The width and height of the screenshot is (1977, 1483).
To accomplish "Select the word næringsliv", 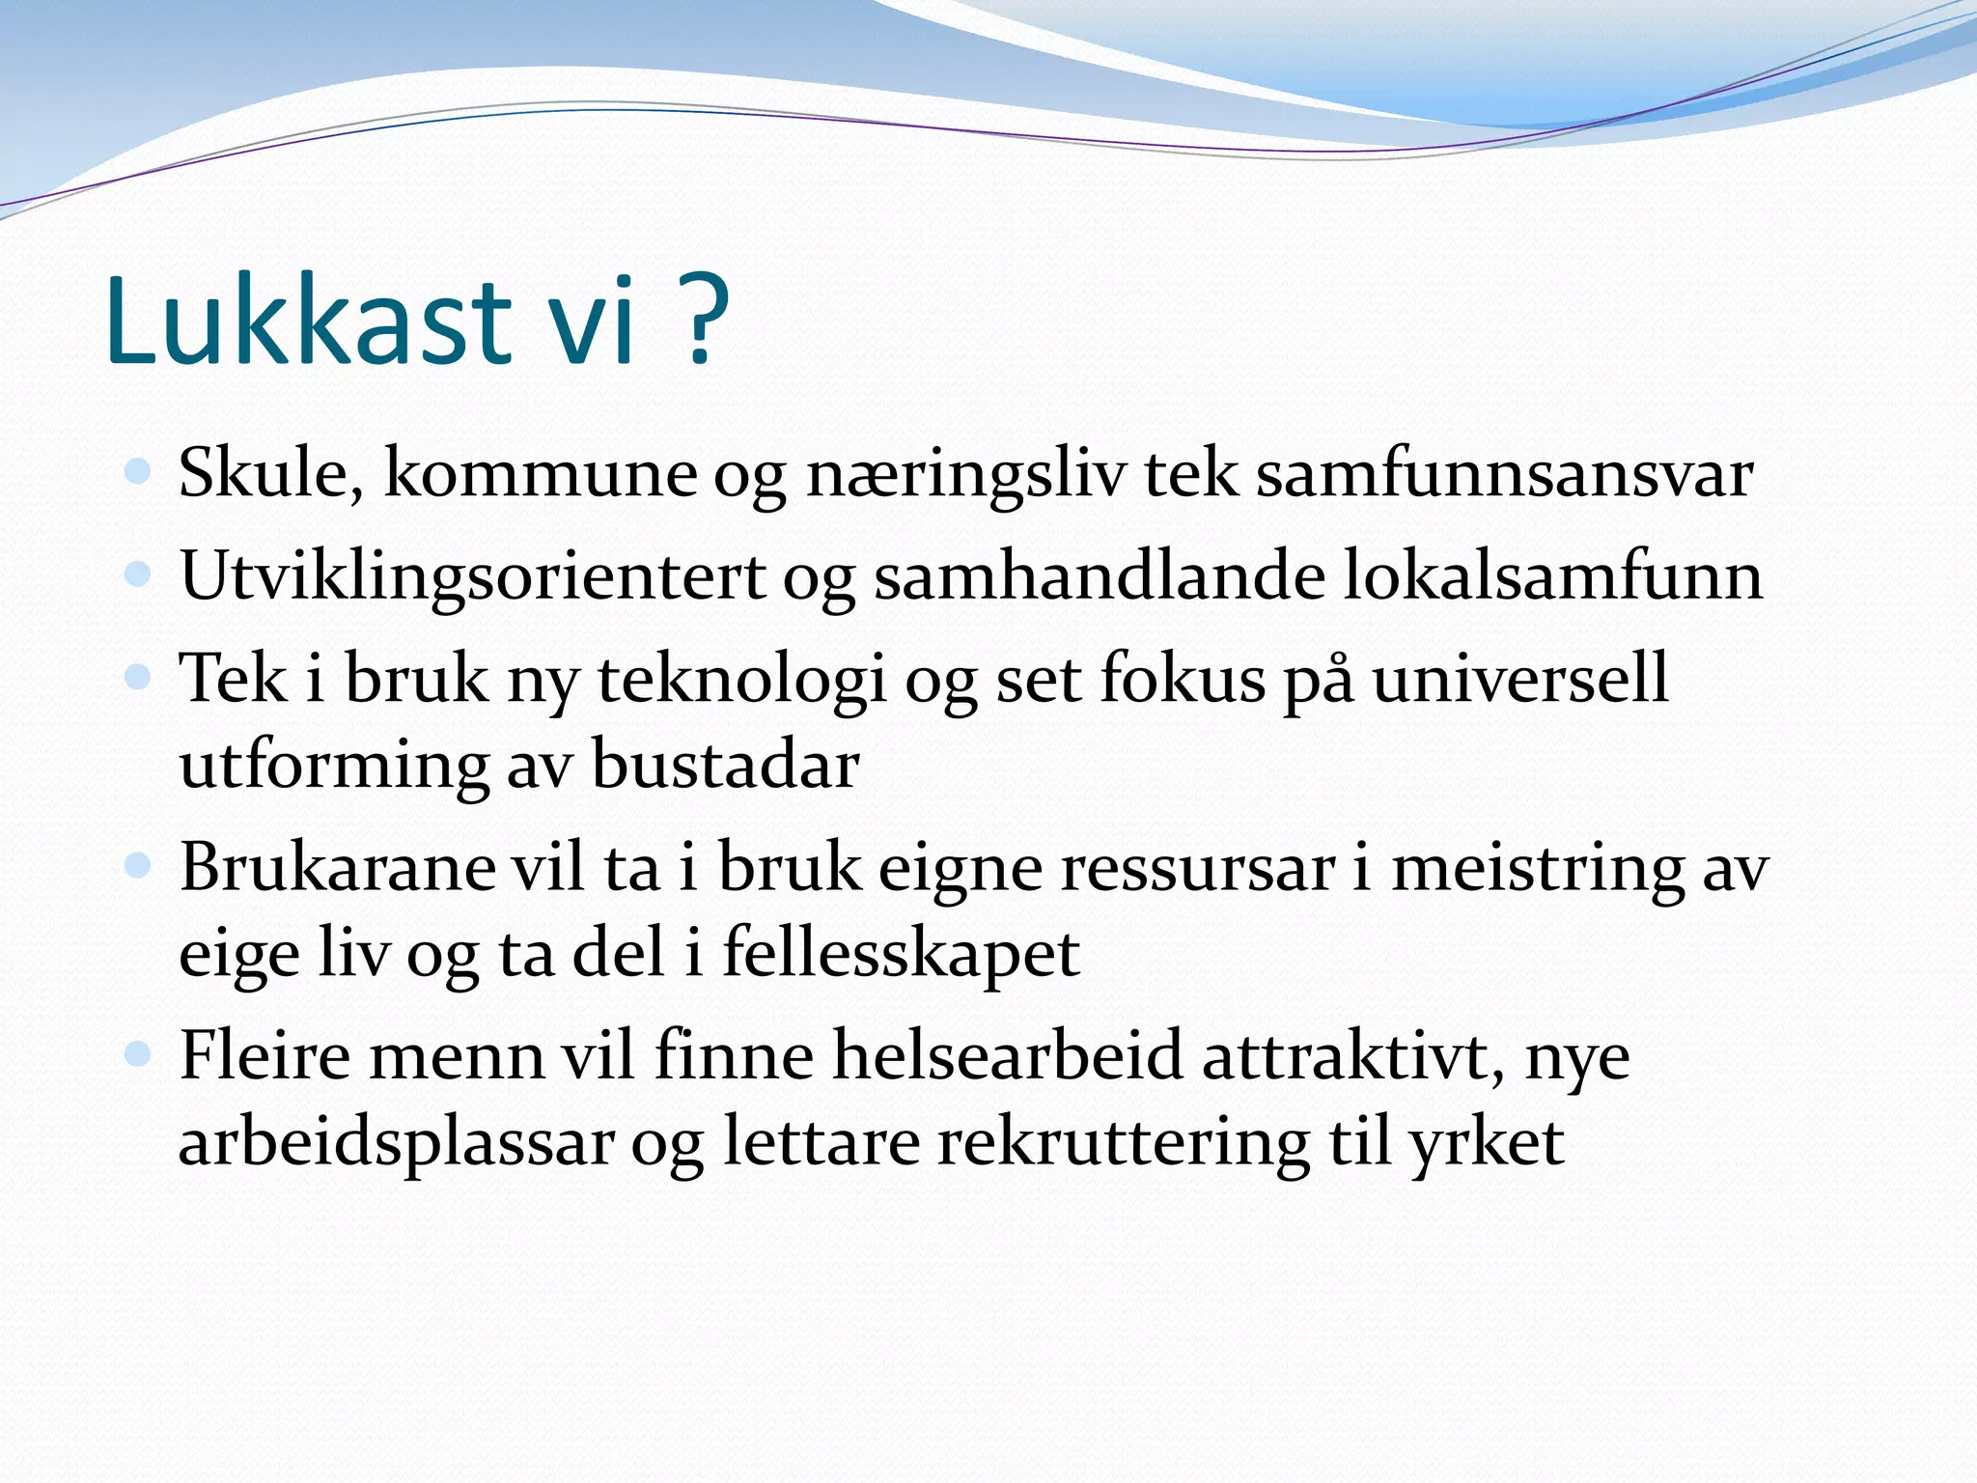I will click(x=965, y=475).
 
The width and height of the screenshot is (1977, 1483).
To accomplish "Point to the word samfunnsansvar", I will click(x=1504, y=473).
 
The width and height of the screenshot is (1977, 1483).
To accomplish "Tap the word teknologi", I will click(x=741, y=680).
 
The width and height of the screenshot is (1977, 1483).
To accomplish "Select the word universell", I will click(x=1519, y=678).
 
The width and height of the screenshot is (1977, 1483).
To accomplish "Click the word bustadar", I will click(x=725, y=765).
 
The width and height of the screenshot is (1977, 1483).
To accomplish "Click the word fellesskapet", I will click(x=901, y=953).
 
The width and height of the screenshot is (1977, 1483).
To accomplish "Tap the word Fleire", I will click(x=265, y=1054).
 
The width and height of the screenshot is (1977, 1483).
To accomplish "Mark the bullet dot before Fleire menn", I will click(x=138, y=1053).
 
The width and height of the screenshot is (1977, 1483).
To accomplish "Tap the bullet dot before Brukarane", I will click(x=138, y=865).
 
